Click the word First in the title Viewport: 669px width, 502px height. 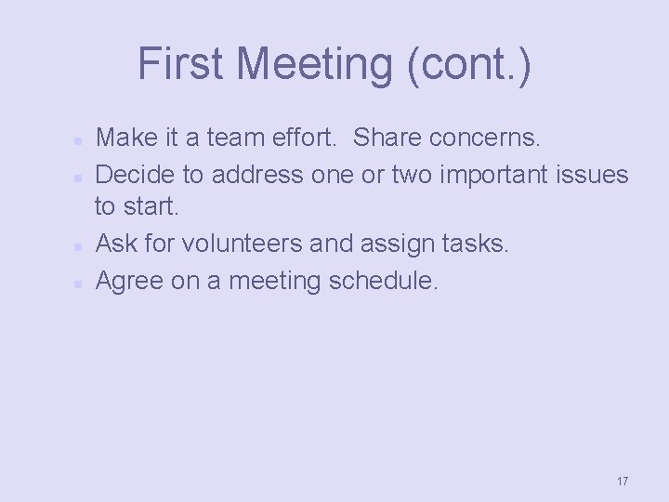click(x=181, y=64)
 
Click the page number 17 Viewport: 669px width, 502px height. click(x=622, y=481)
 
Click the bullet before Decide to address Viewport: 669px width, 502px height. click(x=80, y=176)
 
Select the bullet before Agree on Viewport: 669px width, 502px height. click(x=80, y=282)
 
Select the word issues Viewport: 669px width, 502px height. click(x=595, y=174)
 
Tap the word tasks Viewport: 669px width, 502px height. click(x=473, y=244)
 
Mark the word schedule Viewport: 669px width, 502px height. click(x=382, y=280)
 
